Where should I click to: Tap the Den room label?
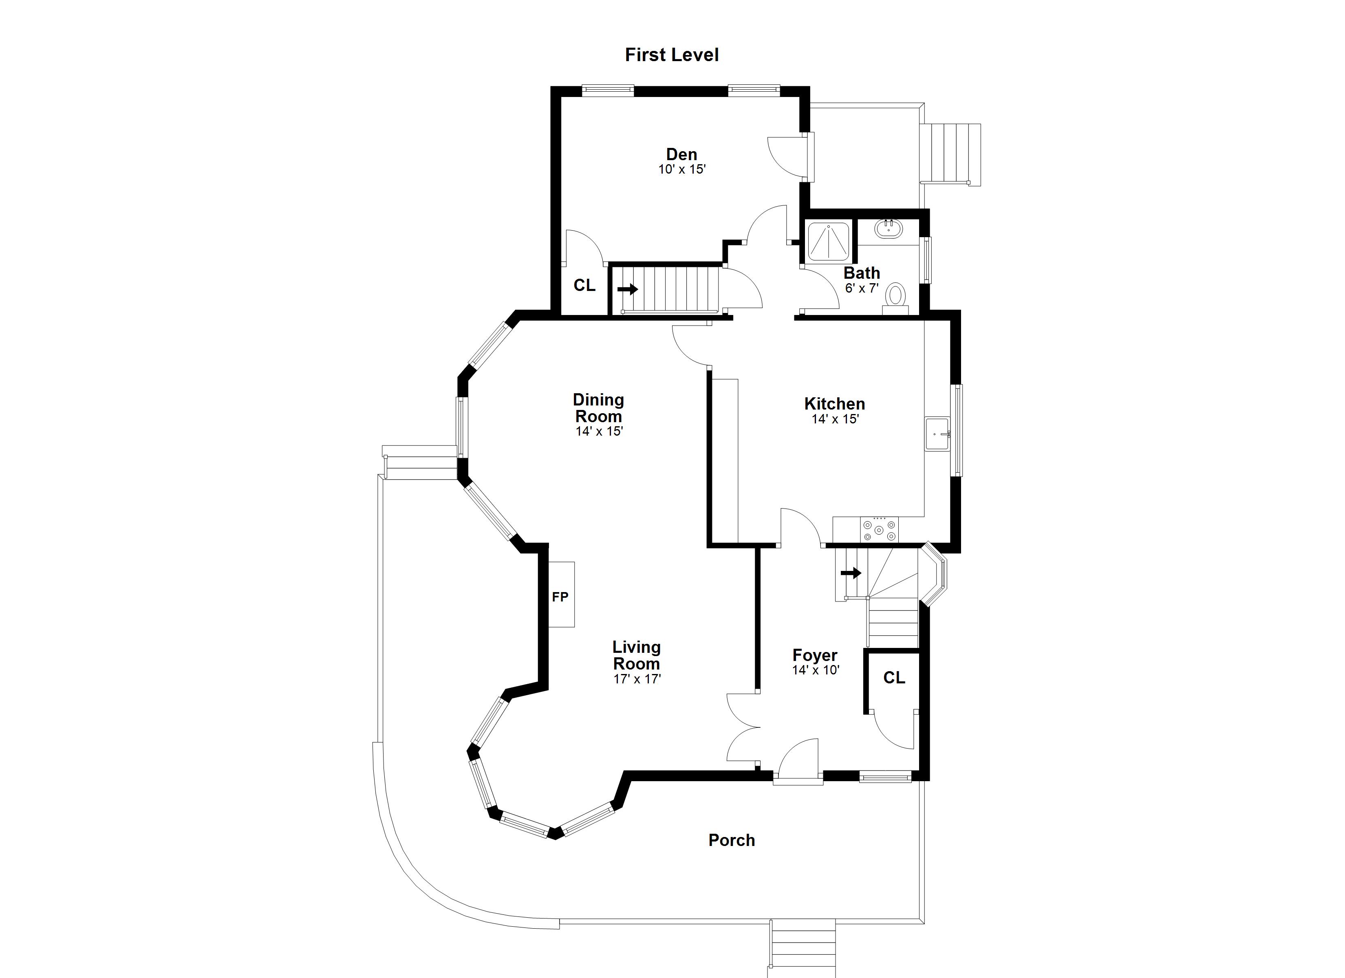pyautogui.click(x=681, y=154)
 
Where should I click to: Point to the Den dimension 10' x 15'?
pyautogui.click(x=681, y=170)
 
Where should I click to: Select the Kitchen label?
pyautogui.click(x=834, y=404)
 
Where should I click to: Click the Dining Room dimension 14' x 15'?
pyautogui.click(x=599, y=431)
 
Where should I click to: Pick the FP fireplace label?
pyautogui.click(x=560, y=597)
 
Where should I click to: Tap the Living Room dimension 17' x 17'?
pyautogui.click(x=637, y=679)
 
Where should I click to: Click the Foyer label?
pyautogui.click(x=815, y=655)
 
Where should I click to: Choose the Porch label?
pyautogui.click(x=732, y=840)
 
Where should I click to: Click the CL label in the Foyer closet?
pyautogui.click(x=894, y=678)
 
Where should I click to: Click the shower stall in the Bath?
pyautogui.click(x=829, y=242)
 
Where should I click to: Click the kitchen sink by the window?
pyautogui.click(x=937, y=434)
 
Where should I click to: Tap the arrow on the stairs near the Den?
pyautogui.click(x=627, y=289)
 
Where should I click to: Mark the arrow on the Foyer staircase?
pyautogui.click(x=851, y=573)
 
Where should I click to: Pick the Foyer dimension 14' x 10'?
pyautogui.click(x=816, y=670)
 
